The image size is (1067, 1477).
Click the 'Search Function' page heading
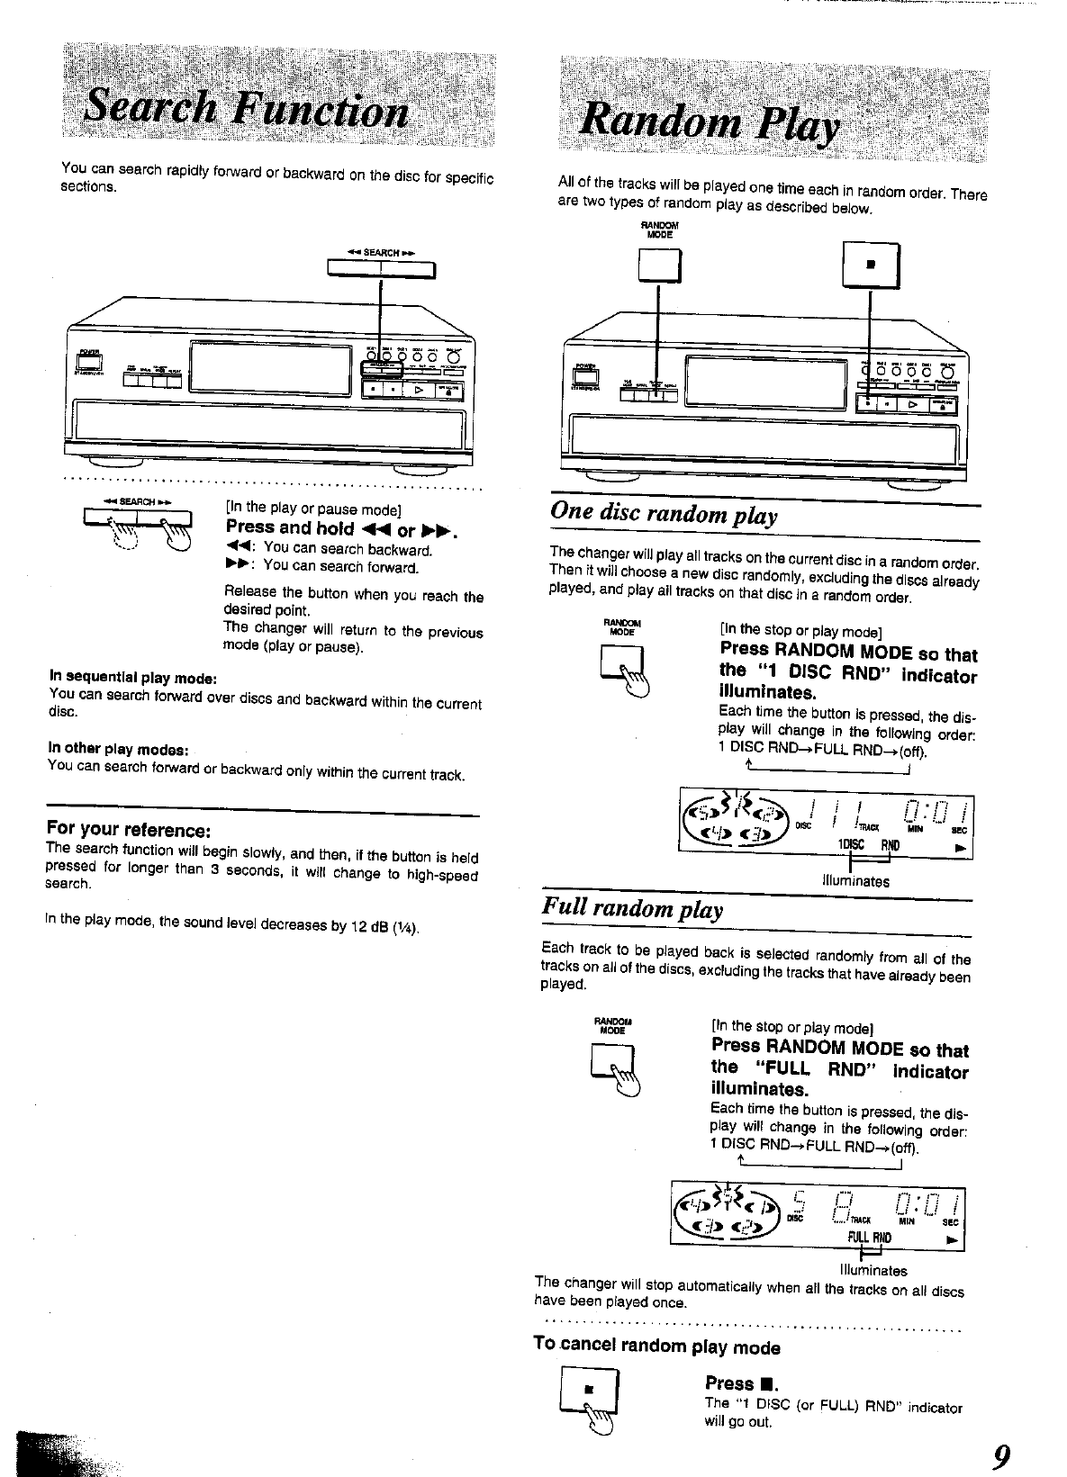coord(245,112)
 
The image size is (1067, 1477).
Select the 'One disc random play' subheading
coord(663,515)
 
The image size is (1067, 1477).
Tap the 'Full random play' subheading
coord(633,909)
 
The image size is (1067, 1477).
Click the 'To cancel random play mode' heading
coord(656,1346)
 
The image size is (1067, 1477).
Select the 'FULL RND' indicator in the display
coord(869,1238)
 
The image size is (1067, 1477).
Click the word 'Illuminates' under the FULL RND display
coord(873,1270)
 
